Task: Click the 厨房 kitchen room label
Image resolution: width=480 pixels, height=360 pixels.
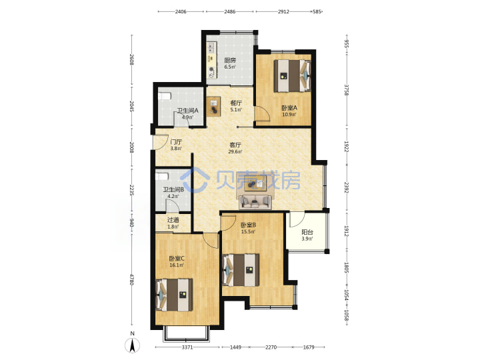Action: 230,60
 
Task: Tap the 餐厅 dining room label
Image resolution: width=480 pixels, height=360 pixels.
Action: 236,103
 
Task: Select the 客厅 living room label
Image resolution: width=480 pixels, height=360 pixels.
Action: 235,145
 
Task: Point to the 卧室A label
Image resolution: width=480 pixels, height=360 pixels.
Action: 289,108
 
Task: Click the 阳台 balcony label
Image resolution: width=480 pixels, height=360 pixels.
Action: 307,232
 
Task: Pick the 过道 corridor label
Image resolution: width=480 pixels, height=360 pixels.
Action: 173,220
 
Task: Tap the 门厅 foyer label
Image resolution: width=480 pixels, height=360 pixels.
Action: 176,142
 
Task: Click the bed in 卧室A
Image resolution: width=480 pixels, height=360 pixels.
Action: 293,75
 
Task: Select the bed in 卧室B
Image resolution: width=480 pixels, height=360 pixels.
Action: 241,270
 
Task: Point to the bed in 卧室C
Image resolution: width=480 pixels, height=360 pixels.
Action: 175,295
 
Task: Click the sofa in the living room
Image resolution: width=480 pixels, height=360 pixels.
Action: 255,202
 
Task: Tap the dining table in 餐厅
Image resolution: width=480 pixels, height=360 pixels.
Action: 214,107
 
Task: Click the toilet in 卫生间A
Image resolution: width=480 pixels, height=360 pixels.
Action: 164,96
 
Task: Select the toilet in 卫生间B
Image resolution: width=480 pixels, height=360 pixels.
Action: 161,177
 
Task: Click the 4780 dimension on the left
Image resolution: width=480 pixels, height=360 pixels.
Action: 132,279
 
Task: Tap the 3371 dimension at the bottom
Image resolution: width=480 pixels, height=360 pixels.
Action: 187,347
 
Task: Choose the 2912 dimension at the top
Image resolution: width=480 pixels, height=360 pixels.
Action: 283,11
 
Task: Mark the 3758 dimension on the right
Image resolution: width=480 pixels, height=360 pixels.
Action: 347,90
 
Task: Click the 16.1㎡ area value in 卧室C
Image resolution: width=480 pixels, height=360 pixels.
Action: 177,265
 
